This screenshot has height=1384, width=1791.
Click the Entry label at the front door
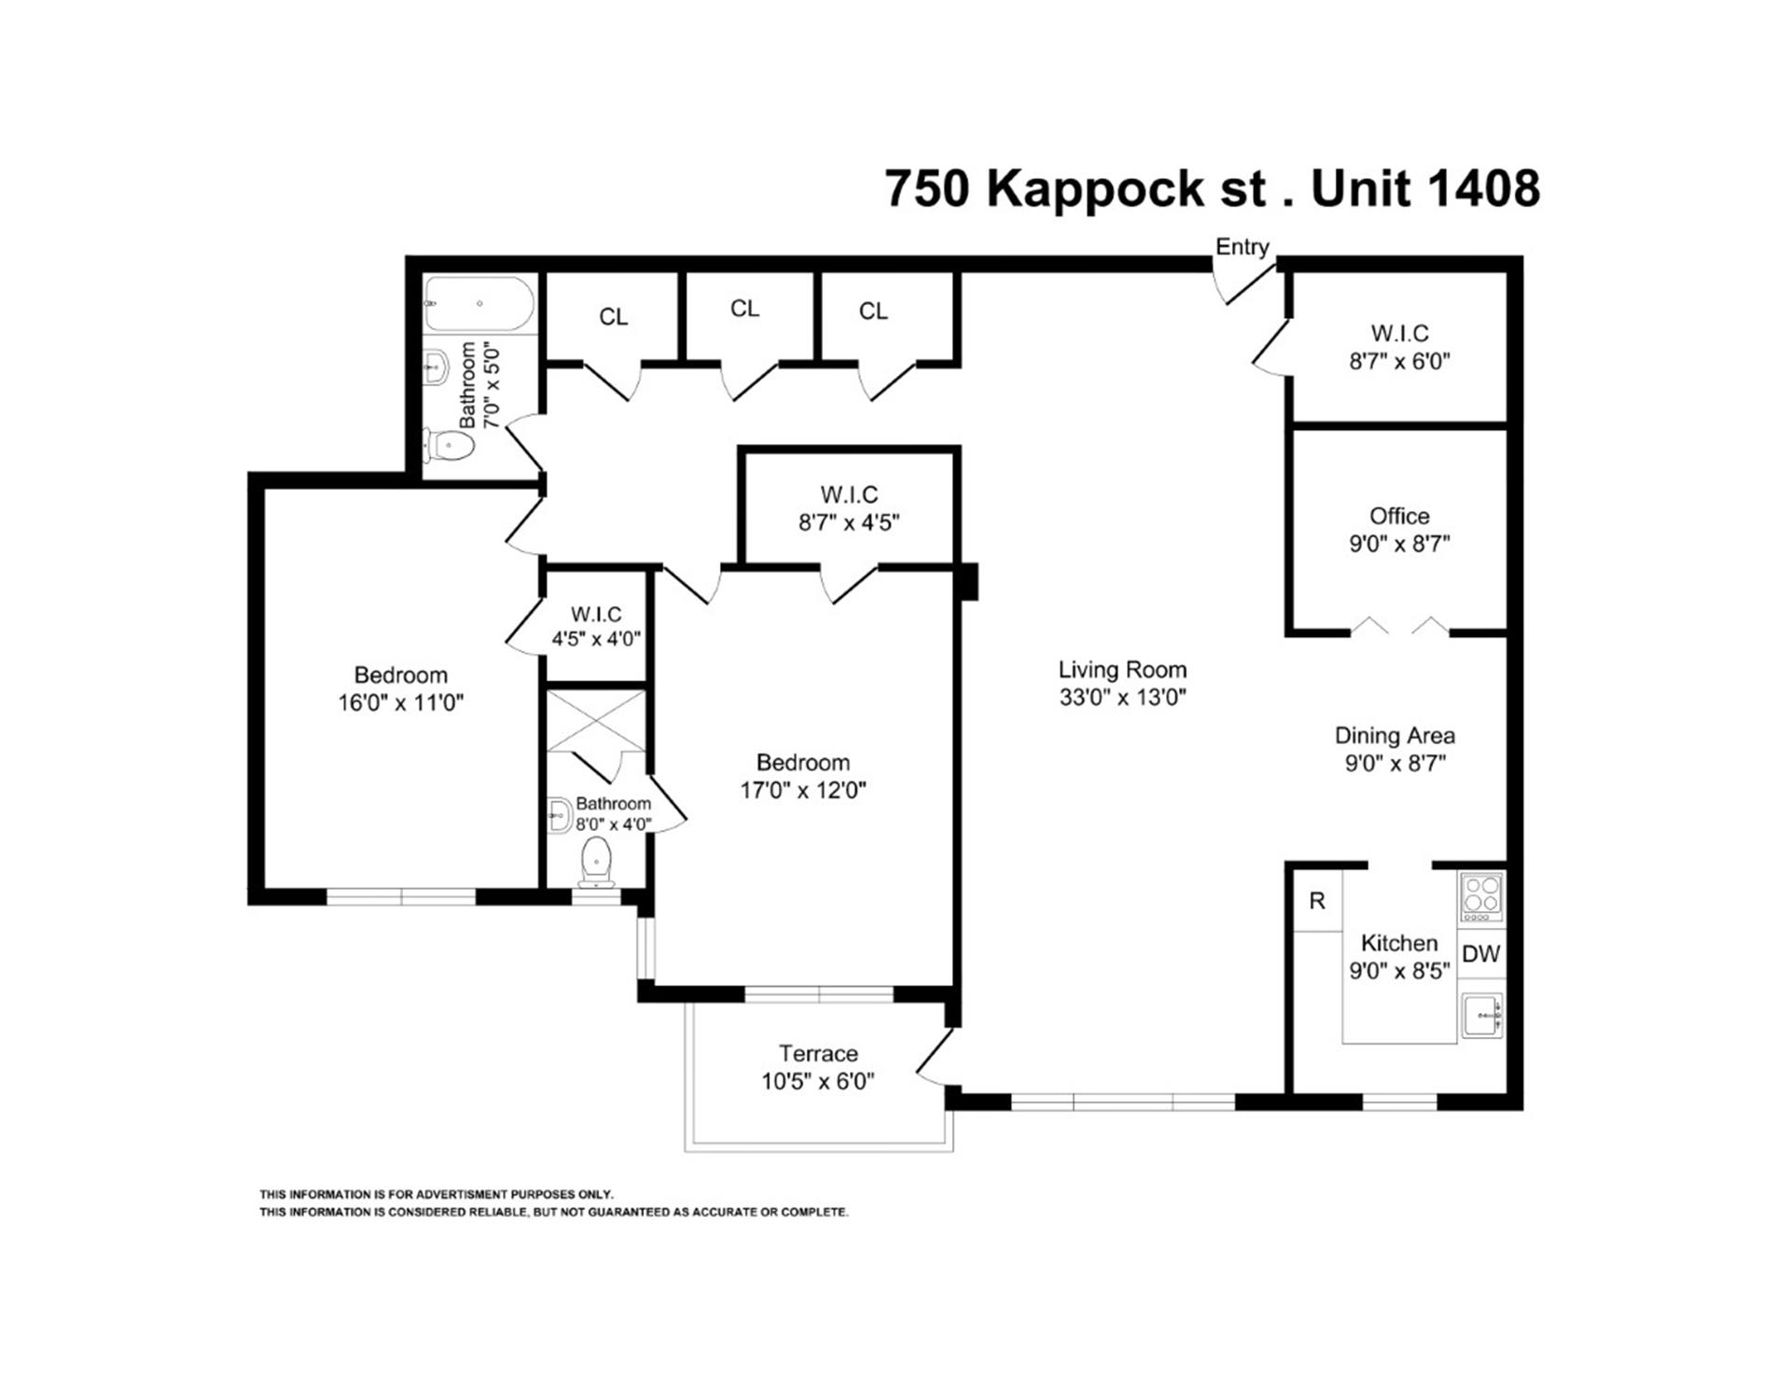coord(1242,247)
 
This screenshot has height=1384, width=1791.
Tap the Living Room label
coord(1122,670)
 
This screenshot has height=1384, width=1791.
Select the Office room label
coord(1399,516)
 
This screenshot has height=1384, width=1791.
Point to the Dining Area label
coord(1395,736)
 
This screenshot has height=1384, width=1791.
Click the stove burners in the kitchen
coord(1481,896)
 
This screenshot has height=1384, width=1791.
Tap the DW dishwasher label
coord(1480,954)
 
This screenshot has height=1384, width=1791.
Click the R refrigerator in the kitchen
coord(1317,901)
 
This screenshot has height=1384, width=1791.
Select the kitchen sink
coord(1481,1017)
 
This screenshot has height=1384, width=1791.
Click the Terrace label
coord(818,1054)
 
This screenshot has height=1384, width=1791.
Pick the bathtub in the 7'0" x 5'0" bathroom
coord(479,304)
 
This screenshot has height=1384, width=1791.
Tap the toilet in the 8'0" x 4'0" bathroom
coord(596,861)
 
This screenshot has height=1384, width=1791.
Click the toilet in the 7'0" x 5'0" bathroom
coord(450,445)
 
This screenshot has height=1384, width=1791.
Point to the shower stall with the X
coord(595,721)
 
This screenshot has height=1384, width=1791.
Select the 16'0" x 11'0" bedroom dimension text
coord(400,702)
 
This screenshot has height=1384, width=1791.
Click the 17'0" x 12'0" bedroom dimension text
coord(803,791)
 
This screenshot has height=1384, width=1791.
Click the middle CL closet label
coord(744,309)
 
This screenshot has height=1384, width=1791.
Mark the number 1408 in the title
coord(1483,189)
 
